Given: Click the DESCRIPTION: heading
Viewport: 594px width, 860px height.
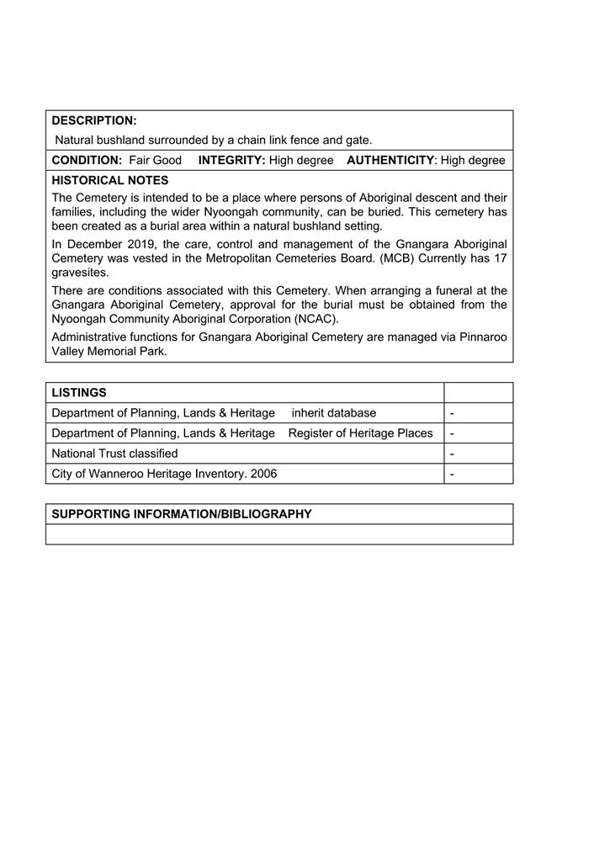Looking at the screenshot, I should coord(94,120).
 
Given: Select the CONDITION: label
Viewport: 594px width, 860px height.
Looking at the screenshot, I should coord(87,160).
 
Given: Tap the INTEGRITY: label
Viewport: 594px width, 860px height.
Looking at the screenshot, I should coord(231,160).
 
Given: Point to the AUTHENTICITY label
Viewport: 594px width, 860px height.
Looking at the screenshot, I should coord(390,160).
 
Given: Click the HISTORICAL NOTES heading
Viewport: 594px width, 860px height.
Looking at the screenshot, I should coord(110,180).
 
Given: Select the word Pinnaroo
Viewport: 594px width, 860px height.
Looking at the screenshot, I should coord(481,337).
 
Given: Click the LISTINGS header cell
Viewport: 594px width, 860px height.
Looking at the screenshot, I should coord(79,393).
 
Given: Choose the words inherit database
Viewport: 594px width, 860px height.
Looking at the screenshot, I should coord(334,413).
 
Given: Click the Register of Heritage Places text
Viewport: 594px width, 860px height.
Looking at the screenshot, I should coord(360,433).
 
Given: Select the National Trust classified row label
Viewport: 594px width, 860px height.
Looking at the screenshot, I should coord(114,454).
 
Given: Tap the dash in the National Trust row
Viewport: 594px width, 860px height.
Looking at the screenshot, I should coord(453,454).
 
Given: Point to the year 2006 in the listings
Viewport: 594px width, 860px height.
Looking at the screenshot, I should coord(263,474).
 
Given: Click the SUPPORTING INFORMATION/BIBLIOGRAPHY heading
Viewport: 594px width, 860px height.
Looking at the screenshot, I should coord(182,514).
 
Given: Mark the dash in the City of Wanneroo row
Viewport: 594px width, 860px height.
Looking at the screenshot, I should coord(453,474).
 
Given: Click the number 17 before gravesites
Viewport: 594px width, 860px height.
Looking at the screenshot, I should coord(500,258).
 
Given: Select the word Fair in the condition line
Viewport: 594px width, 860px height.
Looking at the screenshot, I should coord(140,160).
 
